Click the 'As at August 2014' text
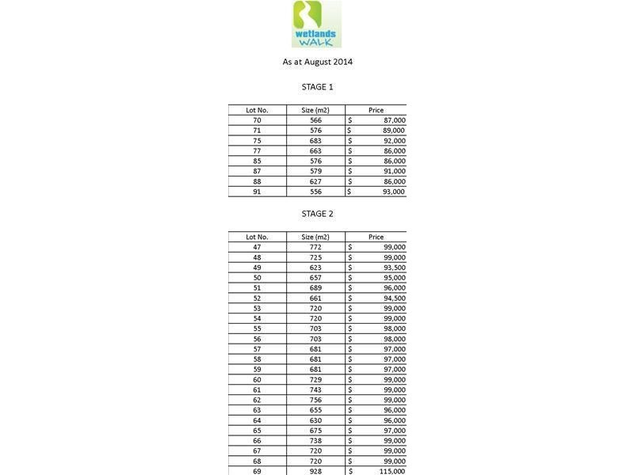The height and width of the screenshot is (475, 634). tap(317, 62)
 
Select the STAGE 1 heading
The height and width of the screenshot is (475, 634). tap(317, 87)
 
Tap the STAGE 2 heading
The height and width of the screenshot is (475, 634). tap(317, 214)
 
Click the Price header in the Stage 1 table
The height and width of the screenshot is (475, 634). tap(376, 110)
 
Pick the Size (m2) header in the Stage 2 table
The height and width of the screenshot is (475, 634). tap(315, 237)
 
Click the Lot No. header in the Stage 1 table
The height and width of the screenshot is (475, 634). tap(257, 110)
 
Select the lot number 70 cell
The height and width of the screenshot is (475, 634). tap(257, 120)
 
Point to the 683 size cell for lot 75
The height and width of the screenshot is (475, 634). tap(315, 141)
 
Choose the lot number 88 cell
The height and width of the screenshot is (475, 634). tap(257, 181)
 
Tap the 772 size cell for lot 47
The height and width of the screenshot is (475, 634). tap(315, 247)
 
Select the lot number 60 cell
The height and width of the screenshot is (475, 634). tap(257, 380)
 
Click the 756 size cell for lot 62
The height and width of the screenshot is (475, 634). tap(315, 400)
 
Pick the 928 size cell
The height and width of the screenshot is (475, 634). tap(315, 471)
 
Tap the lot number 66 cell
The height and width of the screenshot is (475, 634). tap(257, 441)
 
